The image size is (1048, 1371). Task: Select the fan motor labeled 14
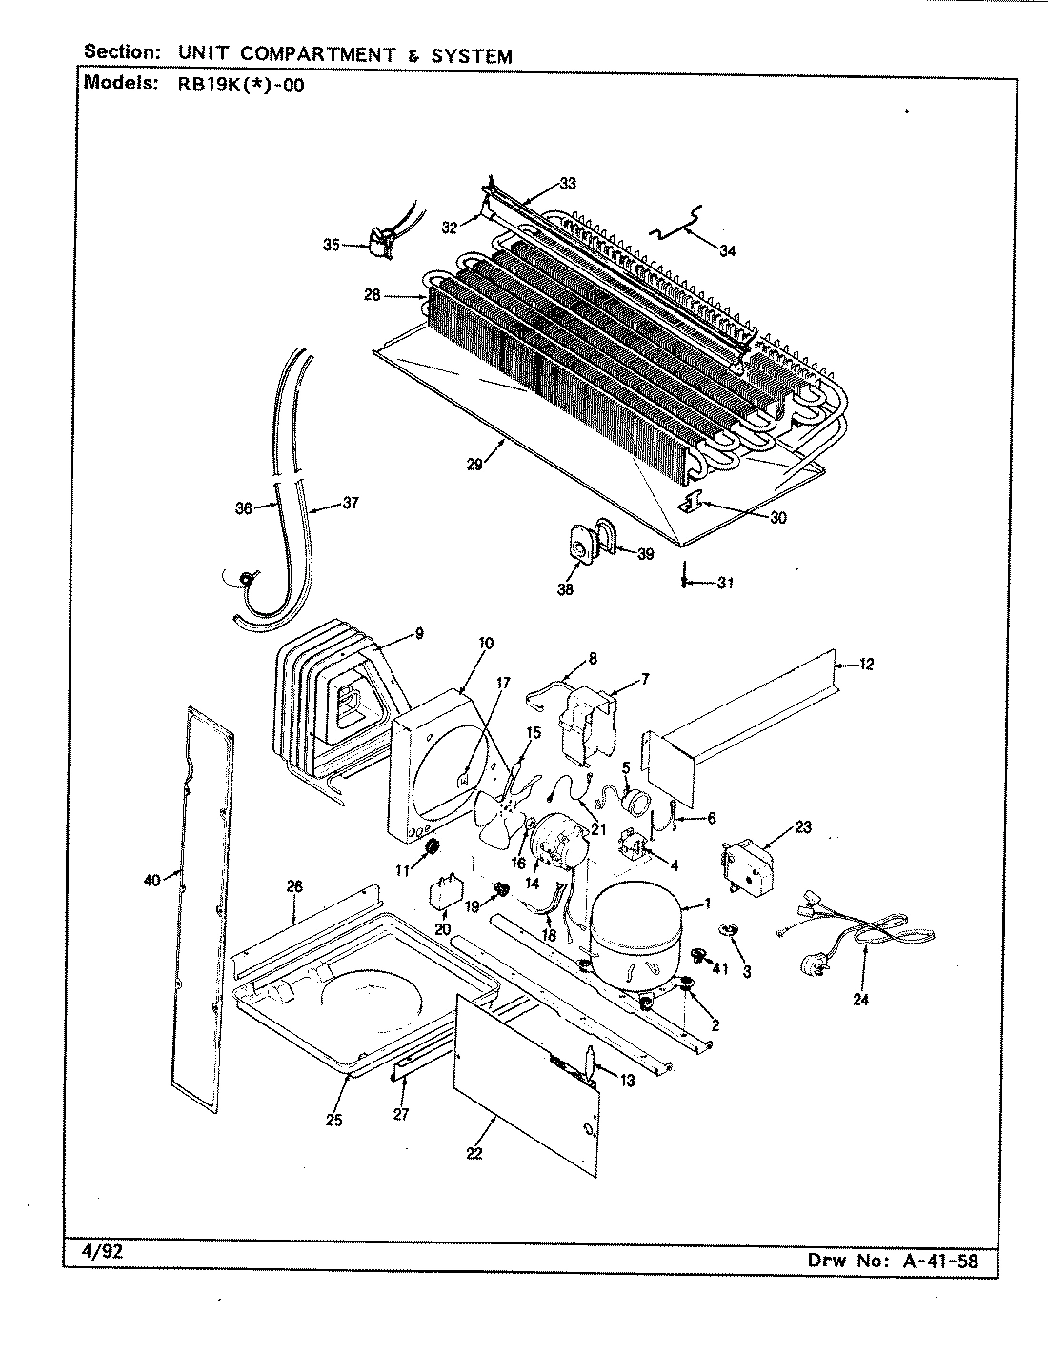click(556, 842)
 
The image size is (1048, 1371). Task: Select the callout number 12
click(865, 665)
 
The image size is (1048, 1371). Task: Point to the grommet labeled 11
click(430, 846)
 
